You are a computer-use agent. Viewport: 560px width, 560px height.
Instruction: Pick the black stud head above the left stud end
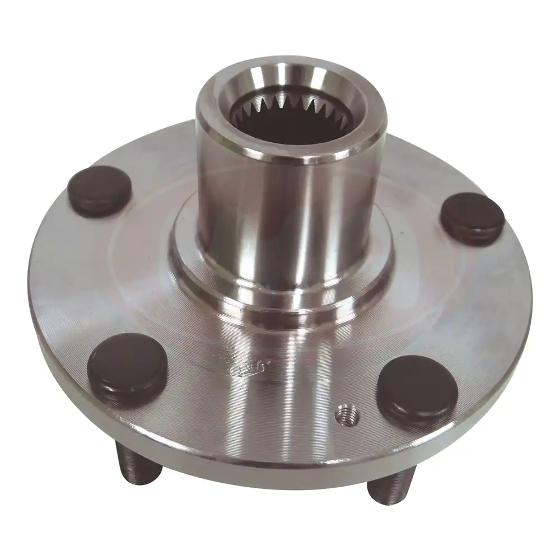point(128,364)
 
